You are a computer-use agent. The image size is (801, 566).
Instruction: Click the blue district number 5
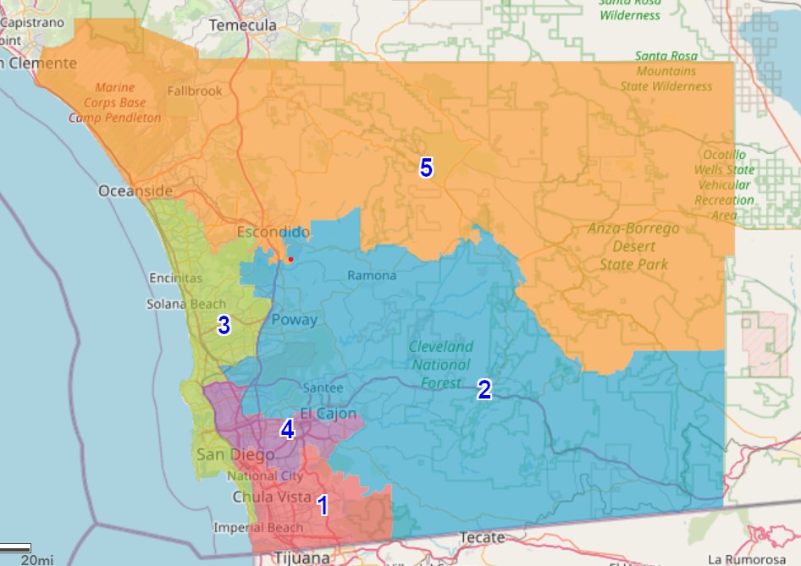426,168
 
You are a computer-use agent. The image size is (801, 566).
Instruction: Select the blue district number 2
484,389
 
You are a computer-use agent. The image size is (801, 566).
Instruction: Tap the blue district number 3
224,326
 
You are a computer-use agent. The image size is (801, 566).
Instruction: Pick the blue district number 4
287,430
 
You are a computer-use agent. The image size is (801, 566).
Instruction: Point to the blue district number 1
322,505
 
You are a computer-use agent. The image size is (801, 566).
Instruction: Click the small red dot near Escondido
290,260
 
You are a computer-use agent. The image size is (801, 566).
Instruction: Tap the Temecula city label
243,25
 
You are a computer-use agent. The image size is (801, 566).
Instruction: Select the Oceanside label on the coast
135,191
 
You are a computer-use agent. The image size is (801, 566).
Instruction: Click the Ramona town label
372,276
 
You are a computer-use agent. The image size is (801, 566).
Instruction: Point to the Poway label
294,320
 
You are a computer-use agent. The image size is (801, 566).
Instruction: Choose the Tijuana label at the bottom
301,558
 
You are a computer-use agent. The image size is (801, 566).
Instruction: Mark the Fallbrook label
195,91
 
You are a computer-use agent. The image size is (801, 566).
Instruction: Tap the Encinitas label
175,278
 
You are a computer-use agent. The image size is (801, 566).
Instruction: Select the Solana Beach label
186,305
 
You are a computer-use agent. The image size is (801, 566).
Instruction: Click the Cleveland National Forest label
441,365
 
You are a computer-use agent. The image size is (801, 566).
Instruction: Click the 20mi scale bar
16,549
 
